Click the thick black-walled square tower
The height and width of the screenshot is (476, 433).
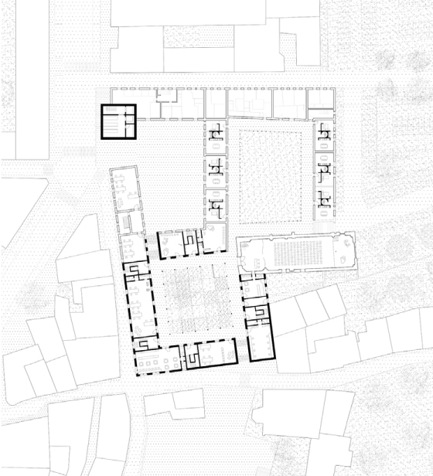click(118, 122)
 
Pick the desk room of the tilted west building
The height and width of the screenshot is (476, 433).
click(124, 187)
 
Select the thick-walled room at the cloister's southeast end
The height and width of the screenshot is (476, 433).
click(260, 345)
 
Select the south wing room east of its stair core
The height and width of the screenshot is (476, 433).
click(217, 355)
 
